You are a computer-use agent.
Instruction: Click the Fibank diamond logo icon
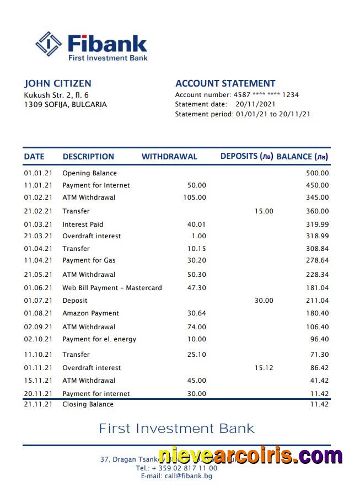(49, 44)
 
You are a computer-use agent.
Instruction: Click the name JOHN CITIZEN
(57, 83)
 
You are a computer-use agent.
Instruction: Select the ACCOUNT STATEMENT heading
(225, 83)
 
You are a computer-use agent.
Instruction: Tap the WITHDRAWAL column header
(169, 157)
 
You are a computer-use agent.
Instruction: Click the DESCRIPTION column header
(88, 157)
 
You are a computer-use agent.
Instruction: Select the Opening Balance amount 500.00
(317, 173)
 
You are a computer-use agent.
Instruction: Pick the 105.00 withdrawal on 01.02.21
(194, 197)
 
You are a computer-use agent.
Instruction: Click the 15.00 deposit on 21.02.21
(264, 211)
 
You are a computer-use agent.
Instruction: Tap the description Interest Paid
(83, 224)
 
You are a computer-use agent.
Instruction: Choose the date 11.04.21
(38, 260)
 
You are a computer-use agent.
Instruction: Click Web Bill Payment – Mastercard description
(112, 288)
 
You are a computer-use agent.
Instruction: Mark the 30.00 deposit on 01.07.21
(264, 301)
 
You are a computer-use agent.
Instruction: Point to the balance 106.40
(317, 327)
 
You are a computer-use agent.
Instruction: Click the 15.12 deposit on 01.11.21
(264, 368)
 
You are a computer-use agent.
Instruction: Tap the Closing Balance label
(88, 404)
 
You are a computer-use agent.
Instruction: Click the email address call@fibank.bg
(176, 476)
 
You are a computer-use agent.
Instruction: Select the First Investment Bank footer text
(176, 429)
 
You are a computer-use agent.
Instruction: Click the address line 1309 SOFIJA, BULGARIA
(65, 105)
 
